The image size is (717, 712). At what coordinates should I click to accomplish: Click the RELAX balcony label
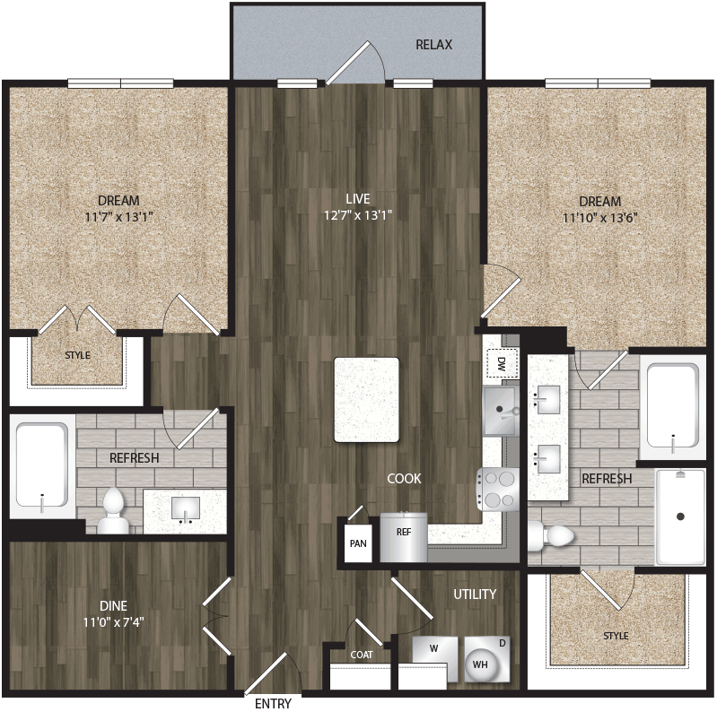(x=433, y=45)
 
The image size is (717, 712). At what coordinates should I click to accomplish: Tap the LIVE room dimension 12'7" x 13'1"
(x=359, y=215)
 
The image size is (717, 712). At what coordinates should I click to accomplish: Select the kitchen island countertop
(x=367, y=399)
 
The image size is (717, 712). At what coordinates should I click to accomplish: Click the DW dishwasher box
(x=500, y=363)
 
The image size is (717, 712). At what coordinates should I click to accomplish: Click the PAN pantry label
(x=358, y=543)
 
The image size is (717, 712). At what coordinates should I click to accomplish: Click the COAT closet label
(x=362, y=655)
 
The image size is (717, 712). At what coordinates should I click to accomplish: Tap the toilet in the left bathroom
(x=114, y=511)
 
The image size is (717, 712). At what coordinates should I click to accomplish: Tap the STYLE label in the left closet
(x=78, y=355)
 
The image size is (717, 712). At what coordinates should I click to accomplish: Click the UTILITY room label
(x=475, y=594)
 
